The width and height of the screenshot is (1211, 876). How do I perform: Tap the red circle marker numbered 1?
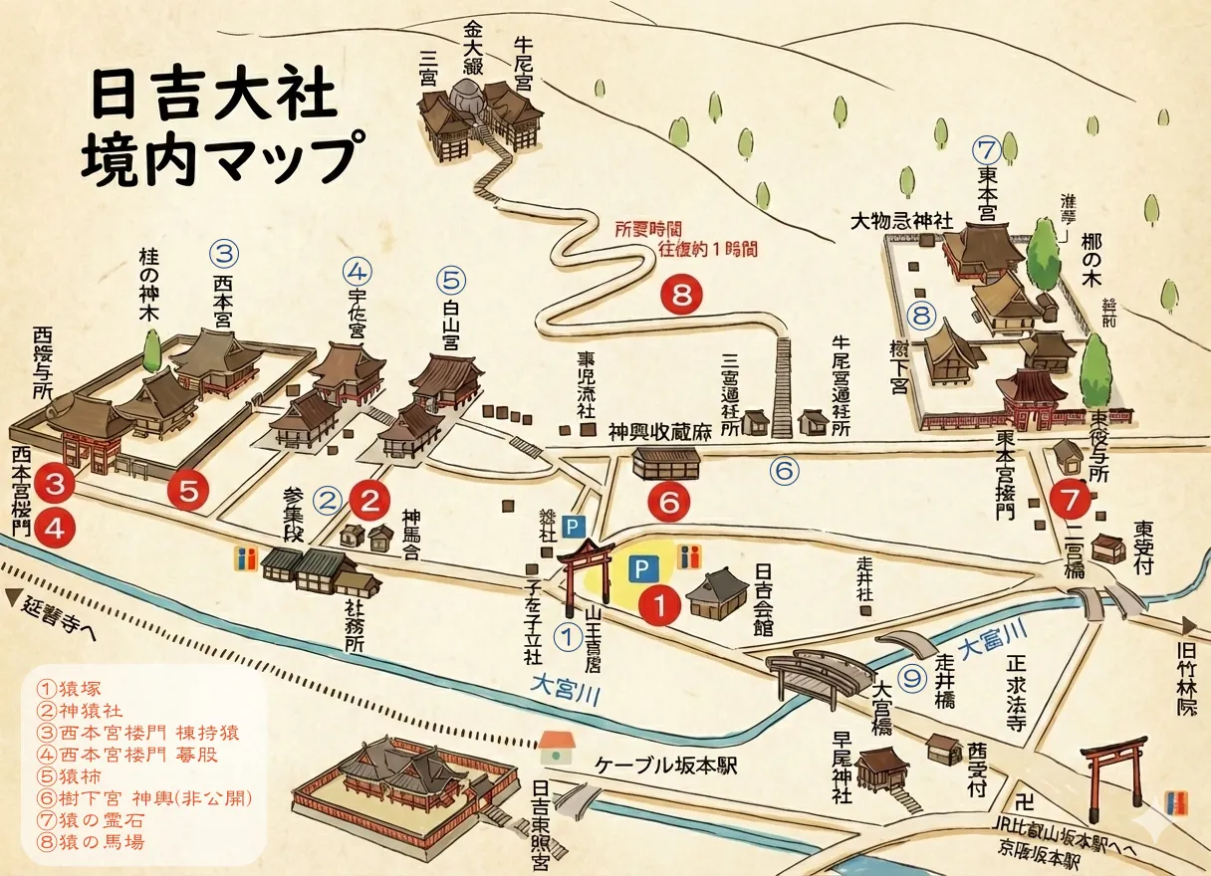coord(657,603)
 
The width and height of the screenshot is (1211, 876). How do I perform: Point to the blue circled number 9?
coord(911,678)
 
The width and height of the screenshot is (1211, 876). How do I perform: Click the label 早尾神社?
coord(843,767)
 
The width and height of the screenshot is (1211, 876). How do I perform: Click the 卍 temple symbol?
coord(1023,802)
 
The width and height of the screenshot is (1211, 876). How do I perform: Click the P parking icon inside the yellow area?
coord(642,568)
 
